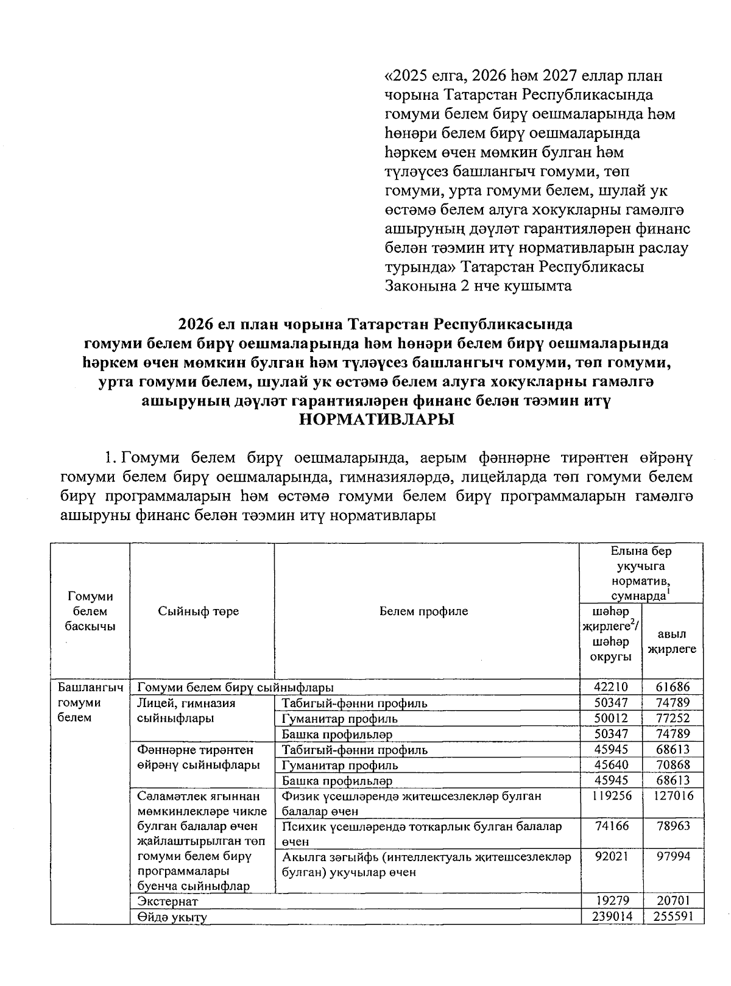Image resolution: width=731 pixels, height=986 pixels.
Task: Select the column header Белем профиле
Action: coord(423,611)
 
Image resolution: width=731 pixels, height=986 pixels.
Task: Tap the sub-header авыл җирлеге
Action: coord(672,641)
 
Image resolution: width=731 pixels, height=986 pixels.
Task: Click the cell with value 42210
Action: coord(610,687)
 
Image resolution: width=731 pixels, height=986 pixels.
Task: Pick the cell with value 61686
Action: coord(673,687)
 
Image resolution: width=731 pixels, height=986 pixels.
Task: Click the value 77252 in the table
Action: coord(673,718)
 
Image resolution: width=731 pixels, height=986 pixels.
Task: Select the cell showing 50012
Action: coord(610,718)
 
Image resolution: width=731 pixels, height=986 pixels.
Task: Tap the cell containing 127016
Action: coord(673,795)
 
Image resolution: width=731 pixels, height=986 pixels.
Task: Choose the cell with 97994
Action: coord(673,856)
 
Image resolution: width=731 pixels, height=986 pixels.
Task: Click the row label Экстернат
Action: coord(168,901)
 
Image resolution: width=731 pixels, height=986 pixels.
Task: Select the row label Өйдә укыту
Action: coord(172,917)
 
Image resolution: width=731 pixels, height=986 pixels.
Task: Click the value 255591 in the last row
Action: coord(673,917)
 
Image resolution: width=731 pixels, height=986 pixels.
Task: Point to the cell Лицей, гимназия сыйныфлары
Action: coord(186,710)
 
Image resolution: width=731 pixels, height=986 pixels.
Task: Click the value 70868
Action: coord(673,764)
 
